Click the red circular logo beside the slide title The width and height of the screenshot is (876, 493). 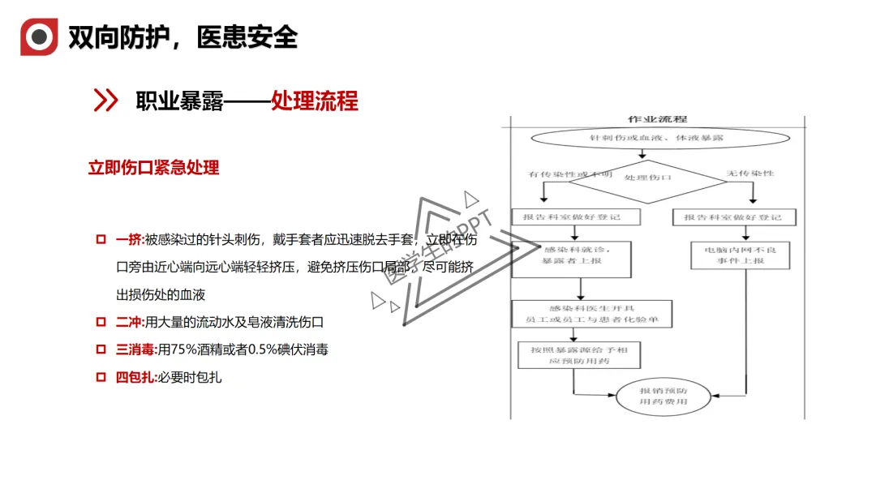(x=39, y=36)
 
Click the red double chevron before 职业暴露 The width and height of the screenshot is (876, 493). (x=106, y=101)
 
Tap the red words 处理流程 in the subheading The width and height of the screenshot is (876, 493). (x=315, y=101)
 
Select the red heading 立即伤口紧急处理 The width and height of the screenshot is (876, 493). (x=153, y=168)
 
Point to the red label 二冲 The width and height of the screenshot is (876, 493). (x=129, y=322)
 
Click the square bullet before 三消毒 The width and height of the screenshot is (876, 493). (x=101, y=349)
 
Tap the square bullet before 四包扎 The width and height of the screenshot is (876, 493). (x=101, y=377)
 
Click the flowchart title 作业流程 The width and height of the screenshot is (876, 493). (x=657, y=120)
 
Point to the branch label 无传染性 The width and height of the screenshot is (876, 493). (x=750, y=174)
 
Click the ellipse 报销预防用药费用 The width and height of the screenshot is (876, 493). (x=663, y=396)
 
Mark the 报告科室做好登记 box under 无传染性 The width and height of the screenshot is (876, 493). (x=733, y=217)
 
